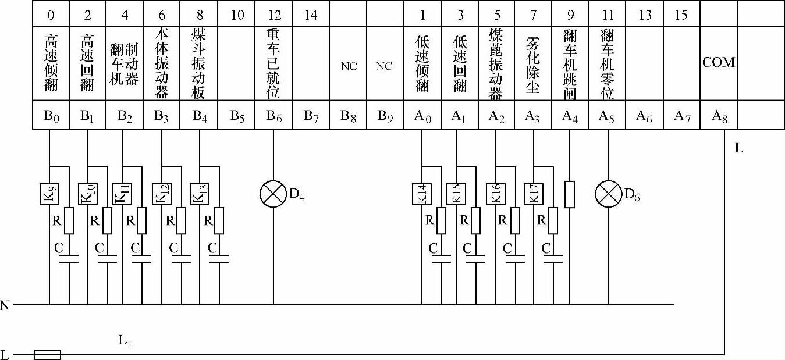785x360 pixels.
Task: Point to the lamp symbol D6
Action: pos(609,194)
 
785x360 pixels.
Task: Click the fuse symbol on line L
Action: pos(47,354)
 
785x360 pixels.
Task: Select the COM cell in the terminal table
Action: pos(719,63)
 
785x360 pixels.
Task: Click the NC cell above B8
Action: pos(349,66)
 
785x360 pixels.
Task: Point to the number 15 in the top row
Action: pos(681,15)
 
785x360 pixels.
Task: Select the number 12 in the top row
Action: pos(273,15)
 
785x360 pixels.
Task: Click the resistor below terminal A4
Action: pos(570,194)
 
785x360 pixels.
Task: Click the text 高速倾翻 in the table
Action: pos(51,64)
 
